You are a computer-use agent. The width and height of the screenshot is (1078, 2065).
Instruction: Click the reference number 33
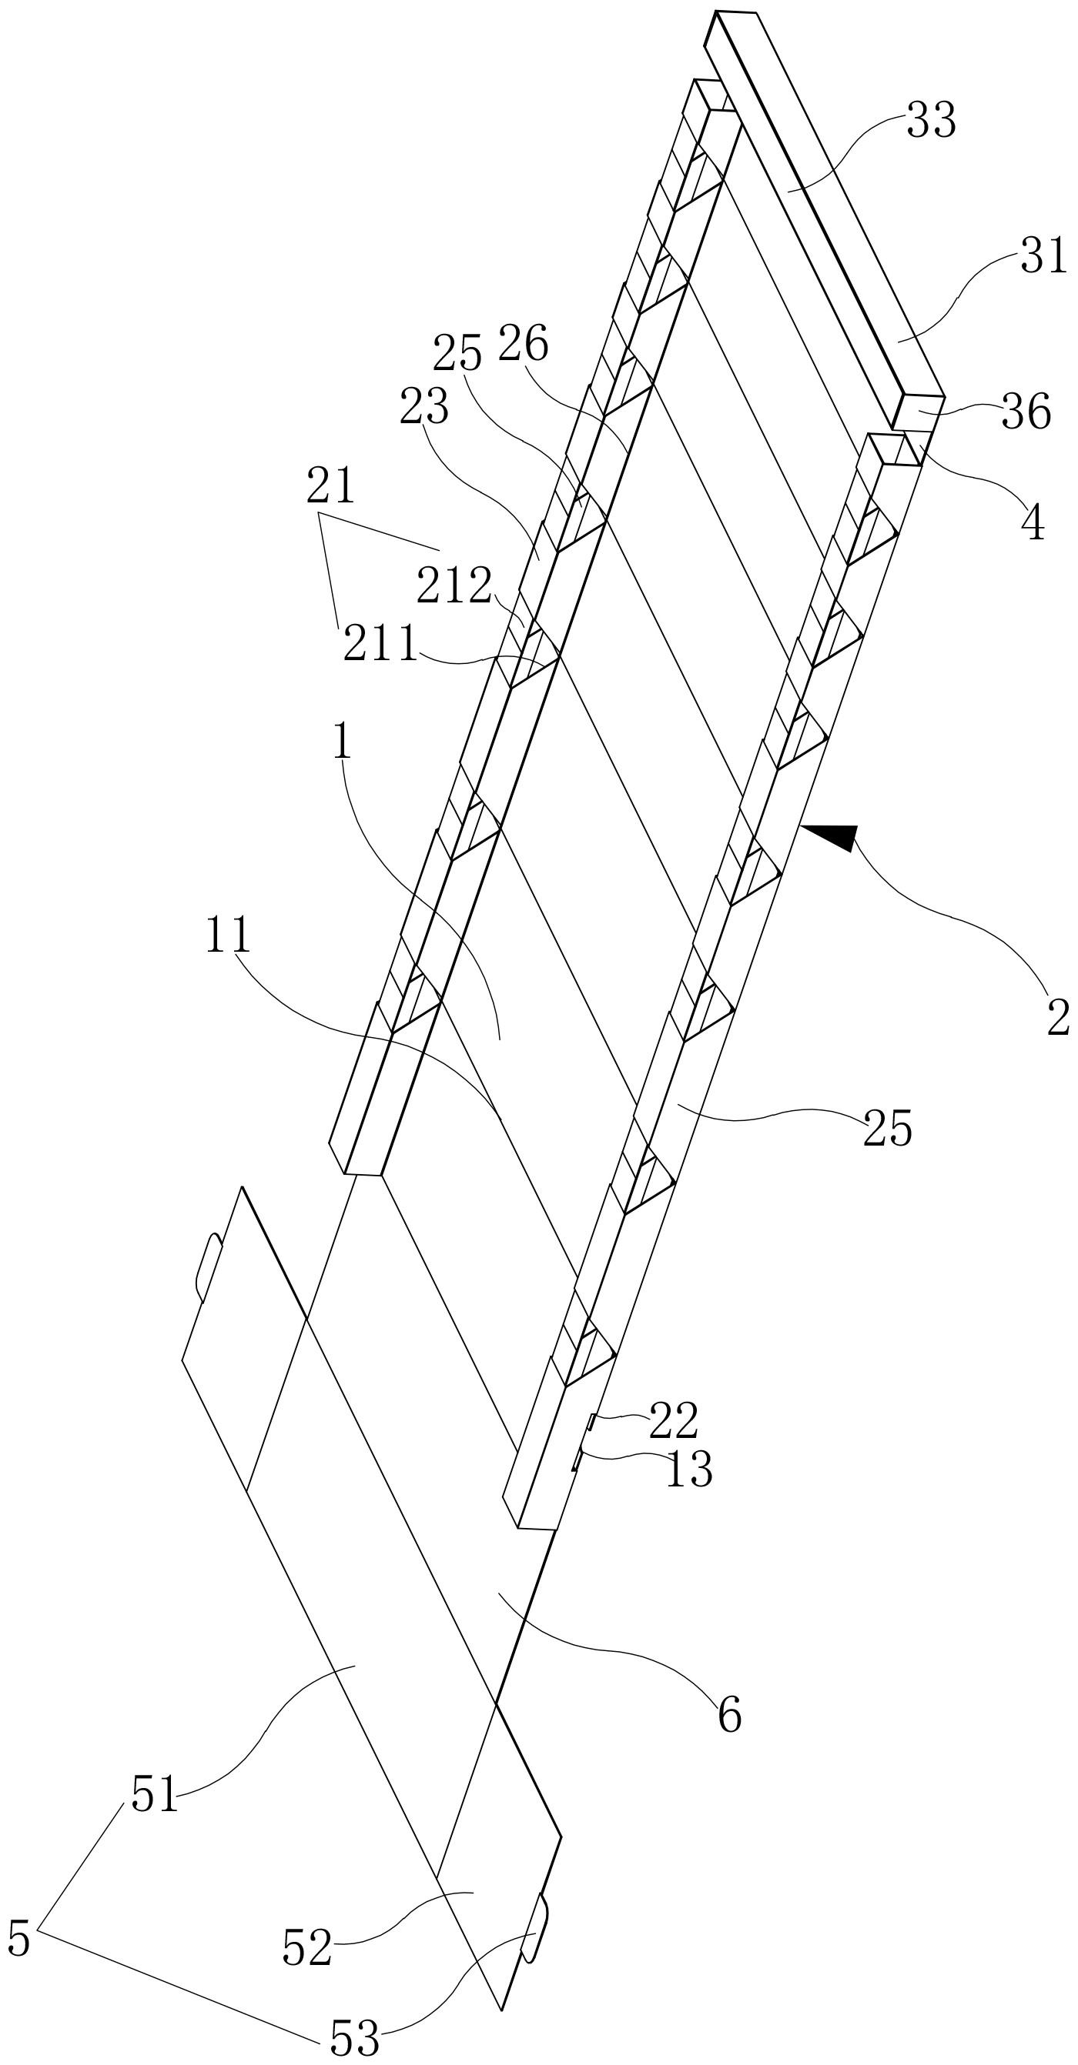930,121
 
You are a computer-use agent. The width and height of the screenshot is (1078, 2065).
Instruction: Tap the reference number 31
1043,257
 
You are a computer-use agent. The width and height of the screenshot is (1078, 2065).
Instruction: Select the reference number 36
1026,412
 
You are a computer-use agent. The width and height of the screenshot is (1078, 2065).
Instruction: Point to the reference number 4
1033,524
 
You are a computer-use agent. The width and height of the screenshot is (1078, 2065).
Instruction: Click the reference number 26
523,344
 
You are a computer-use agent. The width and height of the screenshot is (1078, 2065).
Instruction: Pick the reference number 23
423,407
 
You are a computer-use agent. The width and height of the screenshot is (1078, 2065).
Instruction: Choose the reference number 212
454,586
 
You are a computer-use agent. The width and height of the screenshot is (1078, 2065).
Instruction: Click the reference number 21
330,486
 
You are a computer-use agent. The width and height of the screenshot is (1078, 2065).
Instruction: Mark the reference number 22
674,1420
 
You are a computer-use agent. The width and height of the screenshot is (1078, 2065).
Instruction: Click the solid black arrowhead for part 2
831,836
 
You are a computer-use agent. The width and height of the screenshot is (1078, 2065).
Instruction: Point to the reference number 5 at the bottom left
18,1939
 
